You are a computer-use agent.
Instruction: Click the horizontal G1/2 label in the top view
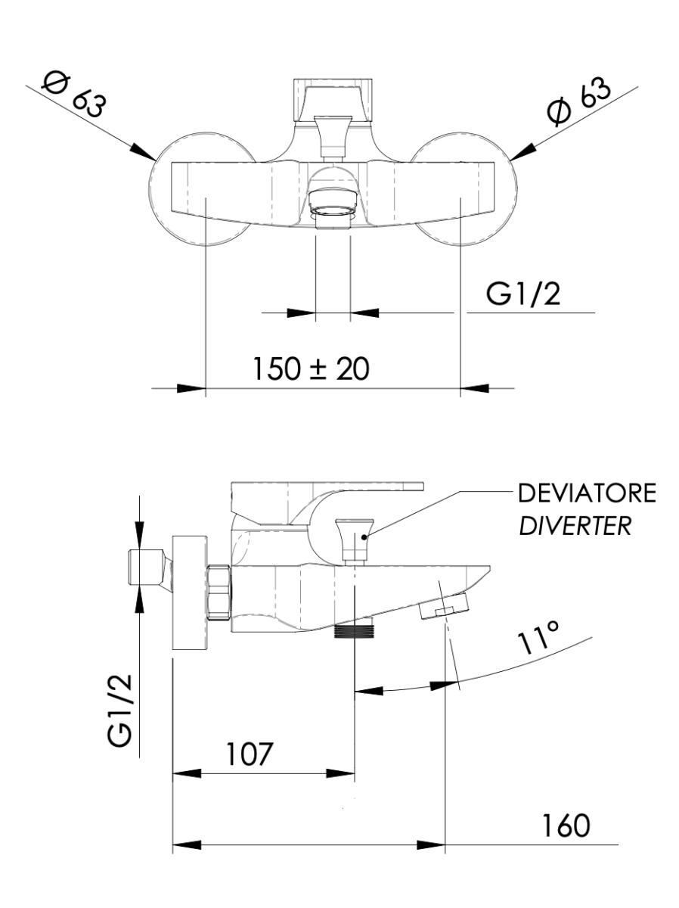point(525,295)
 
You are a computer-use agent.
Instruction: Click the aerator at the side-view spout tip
point(442,606)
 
